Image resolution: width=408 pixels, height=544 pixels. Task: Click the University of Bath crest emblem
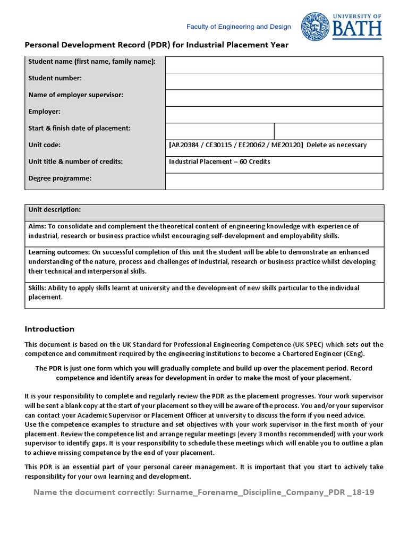coord(315,27)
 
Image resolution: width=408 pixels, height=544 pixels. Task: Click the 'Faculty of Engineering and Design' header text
coord(238,27)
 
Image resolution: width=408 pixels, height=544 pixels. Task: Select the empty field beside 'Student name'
coord(274,64)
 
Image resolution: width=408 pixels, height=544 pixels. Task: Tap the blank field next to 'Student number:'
coord(274,81)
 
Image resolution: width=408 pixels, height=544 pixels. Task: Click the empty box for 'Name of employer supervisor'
coord(274,98)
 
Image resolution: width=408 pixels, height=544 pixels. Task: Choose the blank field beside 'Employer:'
coord(274,114)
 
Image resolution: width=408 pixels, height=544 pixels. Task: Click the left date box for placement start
coord(219,131)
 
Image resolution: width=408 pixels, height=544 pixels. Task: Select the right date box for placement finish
coord(328,131)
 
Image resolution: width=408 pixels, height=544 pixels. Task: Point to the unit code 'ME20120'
coord(286,145)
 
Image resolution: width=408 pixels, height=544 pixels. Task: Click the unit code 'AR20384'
coord(185,145)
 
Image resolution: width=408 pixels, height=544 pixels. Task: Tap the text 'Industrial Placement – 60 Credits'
coord(219,161)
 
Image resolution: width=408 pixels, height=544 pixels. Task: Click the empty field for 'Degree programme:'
coord(274,181)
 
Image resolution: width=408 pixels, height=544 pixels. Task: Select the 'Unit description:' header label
coord(54,210)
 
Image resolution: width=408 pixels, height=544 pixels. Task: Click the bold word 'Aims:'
coord(37,226)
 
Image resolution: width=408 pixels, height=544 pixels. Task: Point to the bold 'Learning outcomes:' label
coord(59,252)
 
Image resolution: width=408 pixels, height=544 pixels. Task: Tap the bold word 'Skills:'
coord(38,288)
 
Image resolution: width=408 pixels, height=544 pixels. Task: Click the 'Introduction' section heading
coord(49,329)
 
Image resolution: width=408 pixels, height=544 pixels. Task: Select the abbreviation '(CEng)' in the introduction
coord(353,353)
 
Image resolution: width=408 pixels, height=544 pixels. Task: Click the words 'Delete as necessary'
coord(337,145)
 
